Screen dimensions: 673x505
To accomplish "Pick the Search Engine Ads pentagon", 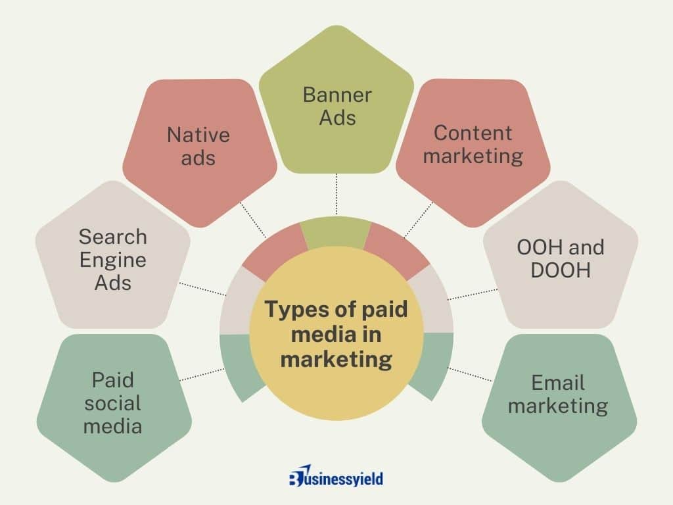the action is click(x=113, y=258).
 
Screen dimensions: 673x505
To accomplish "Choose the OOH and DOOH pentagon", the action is click(x=561, y=258).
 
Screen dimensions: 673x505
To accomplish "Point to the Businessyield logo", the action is click(x=336, y=476).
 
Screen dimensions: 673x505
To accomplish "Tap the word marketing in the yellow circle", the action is click(x=336, y=359).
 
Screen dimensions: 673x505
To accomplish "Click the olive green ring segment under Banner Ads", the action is click(x=336, y=232).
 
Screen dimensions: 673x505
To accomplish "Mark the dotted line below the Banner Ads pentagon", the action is click(x=336, y=194).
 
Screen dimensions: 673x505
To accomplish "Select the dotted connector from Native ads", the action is click(x=253, y=220).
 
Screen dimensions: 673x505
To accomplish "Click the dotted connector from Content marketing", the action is click(x=419, y=220).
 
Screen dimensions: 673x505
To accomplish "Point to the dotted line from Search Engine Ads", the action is click(x=202, y=289).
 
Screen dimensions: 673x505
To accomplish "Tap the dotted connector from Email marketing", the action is click(x=469, y=374).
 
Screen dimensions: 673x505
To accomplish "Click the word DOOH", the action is click(x=561, y=270).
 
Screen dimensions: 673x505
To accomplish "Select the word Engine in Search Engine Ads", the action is click(x=113, y=260).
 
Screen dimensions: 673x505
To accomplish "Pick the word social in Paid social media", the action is click(x=112, y=403).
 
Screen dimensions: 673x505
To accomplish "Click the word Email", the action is click(x=558, y=383).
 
